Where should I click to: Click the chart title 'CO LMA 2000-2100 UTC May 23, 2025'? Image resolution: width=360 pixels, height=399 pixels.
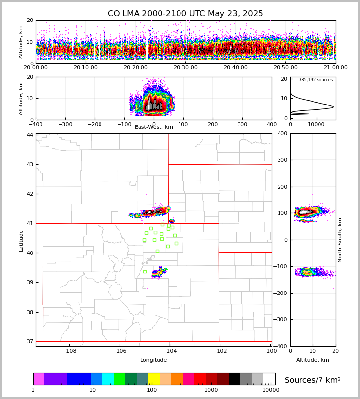pyautogui.click(x=185, y=14)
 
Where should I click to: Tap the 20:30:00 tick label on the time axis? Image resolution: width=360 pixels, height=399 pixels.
pyautogui.click(x=185, y=68)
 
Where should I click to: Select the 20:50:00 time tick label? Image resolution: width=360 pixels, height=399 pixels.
pyautogui.click(x=285, y=68)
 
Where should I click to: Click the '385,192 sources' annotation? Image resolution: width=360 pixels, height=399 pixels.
pyautogui.click(x=316, y=80)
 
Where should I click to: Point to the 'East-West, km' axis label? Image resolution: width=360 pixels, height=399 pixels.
pyautogui.click(x=154, y=127)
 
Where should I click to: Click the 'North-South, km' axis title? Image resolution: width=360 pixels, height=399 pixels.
pyautogui.click(x=340, y=240)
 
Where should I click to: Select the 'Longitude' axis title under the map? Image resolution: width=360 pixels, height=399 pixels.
pyautogui.click(x=154, y=360)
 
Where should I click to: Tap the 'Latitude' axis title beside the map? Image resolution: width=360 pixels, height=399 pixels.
pyautogui.click(x=21, y=240)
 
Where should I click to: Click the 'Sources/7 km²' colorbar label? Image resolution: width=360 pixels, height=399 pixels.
pyautogui.click(x=313, y=380)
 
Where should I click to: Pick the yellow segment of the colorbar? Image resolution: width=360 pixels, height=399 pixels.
pyautogui.click(x=154, y=379)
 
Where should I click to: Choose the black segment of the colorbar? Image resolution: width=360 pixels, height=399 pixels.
pyautogui.click(x=235, y=379)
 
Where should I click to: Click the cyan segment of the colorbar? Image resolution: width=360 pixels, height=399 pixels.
pyautogui.click(x=108, y=379)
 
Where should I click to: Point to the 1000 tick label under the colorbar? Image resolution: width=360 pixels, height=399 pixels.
pyautogui.click(x=211, y=390)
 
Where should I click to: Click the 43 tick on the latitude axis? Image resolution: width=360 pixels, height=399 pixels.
pyautogui.click(x=30, y=164)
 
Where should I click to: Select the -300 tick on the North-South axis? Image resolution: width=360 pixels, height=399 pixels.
pyautogui.click(x=282, y=320)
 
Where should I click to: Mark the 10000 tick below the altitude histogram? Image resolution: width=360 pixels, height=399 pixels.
pyautogui.click(x=316, y=124)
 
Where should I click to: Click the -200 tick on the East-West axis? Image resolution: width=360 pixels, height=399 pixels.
pyautogui.click(x=95, y=124)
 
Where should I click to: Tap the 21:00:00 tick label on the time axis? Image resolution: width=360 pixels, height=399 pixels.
pyautogui.click(x=336, y=68)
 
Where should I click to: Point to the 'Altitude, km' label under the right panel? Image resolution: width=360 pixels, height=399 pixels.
pyautogui.click(x=313, y=360)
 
